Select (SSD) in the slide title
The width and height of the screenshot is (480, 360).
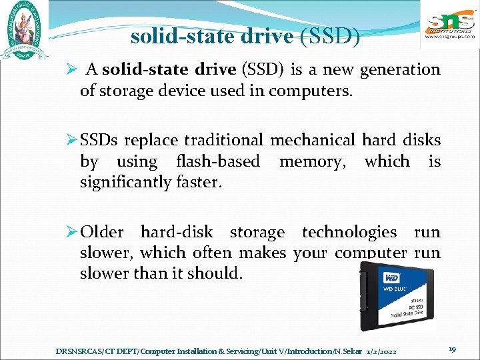click(331, 36)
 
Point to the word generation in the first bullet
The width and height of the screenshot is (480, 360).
click(401, 69)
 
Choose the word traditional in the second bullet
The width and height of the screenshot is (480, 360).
click(224, 140)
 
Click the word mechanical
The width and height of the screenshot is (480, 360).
click(313, 140)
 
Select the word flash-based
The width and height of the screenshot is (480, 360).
click(218, 161)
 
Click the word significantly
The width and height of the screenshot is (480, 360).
click(125, 182)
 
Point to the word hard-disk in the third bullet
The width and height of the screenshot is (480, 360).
click(177, 232)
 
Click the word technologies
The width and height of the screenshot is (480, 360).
click(349, 232)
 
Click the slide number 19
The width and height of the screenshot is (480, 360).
click(452, 349)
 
